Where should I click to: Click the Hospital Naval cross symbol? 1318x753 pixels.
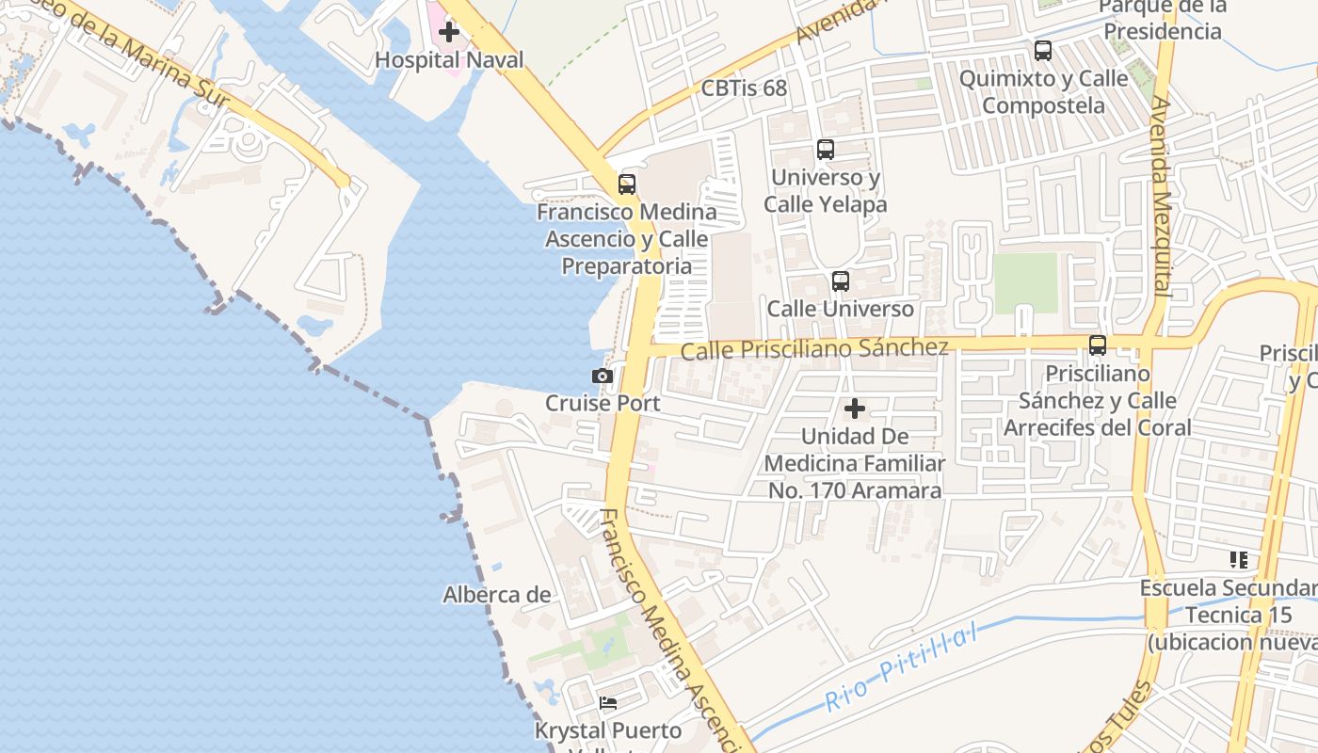449,32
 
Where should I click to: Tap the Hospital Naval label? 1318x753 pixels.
449,60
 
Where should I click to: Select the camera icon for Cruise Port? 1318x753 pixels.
603,376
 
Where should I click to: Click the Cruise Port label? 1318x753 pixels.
603,403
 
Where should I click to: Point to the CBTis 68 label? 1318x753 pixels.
744,88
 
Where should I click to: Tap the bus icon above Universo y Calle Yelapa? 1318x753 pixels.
826,150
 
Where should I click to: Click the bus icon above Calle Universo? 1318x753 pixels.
841,281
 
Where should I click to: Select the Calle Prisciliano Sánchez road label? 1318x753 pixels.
814,349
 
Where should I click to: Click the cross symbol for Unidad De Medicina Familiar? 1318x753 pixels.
855,409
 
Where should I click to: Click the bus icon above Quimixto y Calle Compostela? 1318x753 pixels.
1043,51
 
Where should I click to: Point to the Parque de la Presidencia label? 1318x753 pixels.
1164,19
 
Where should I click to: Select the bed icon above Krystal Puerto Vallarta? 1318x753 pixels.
608,703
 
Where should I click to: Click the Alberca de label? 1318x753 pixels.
497,595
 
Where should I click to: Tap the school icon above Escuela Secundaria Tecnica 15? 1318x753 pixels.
1239,561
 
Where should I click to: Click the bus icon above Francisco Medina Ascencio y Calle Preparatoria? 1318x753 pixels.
627,184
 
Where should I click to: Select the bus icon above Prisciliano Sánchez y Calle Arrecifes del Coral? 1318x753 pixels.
1098,345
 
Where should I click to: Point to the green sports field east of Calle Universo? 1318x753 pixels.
1026,282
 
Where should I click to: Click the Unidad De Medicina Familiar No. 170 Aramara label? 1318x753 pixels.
855,463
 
